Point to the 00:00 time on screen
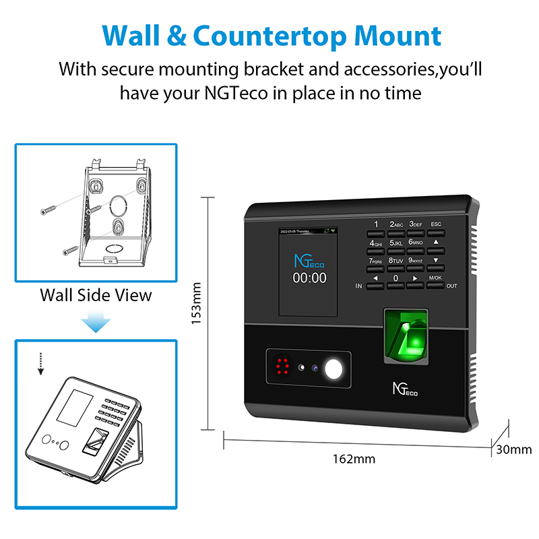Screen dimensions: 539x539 coord(309,278)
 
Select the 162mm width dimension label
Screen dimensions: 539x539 coord(354,459)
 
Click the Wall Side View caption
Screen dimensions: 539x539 coord(96,294)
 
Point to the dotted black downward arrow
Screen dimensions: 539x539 coord(40,364)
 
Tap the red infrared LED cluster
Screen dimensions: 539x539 coord(281,367)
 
